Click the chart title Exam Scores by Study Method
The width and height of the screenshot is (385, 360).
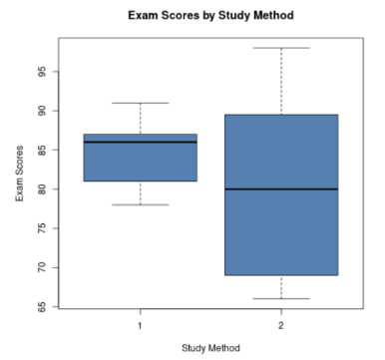pos(211,16)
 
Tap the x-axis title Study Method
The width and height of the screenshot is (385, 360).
pos(210,347)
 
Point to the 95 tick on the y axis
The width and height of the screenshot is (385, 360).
pos(44,72)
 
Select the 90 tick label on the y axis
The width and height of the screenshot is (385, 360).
pos(44,111)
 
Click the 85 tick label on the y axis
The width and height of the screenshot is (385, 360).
pos(44,150)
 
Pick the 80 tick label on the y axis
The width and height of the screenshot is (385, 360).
pos(44,188)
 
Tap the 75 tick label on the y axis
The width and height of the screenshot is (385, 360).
pos(44,228)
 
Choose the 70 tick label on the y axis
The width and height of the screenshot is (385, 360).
pos(44,267)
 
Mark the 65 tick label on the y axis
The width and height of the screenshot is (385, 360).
pos(44,306)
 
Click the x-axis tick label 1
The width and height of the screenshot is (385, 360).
pos(141,325)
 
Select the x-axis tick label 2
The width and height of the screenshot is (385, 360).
pos(281,325)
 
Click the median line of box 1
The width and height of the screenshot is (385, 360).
pos(141,142)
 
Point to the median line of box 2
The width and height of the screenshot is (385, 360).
pos(281,188)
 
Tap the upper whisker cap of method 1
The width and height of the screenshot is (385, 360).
pos(141,103)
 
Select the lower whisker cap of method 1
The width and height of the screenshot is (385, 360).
pos(141,204)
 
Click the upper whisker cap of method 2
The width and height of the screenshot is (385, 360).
pos(281,48)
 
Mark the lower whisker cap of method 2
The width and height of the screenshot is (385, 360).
pos(281,298)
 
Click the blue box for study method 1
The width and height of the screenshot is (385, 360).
pos(141,162)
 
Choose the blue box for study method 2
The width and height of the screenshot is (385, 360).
pos(281,229)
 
